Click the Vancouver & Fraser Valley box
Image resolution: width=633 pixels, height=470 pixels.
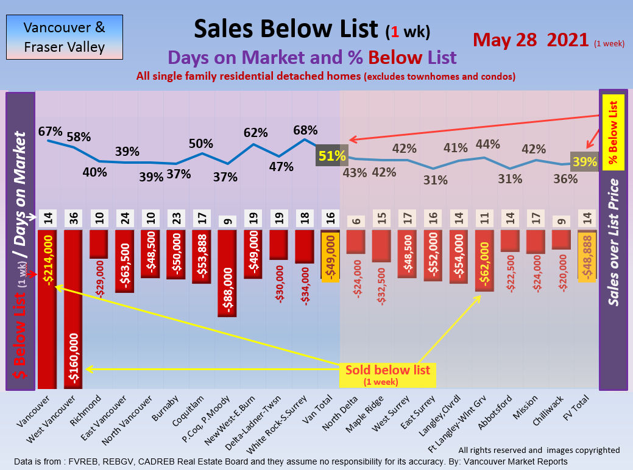point(64,37)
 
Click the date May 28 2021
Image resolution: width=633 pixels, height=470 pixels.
point(532,40)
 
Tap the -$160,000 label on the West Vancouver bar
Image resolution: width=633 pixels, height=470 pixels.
point(73,359)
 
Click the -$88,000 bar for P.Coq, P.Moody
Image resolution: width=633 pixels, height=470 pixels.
point(227,274)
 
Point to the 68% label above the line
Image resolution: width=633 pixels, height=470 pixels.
point(305,130)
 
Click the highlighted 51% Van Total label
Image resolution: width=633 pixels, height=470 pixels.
point(331,156)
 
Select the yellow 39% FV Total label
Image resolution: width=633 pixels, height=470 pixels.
point(584,161)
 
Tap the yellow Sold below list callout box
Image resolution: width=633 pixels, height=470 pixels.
point(387,374)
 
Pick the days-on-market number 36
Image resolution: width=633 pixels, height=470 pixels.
point(73,217)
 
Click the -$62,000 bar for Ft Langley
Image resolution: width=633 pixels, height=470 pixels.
point(484,261)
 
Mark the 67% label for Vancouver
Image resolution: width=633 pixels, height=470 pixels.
point(51,131)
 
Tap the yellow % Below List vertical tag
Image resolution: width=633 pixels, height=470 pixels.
point(614,132)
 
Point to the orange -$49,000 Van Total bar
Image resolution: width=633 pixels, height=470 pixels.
point(331,254)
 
